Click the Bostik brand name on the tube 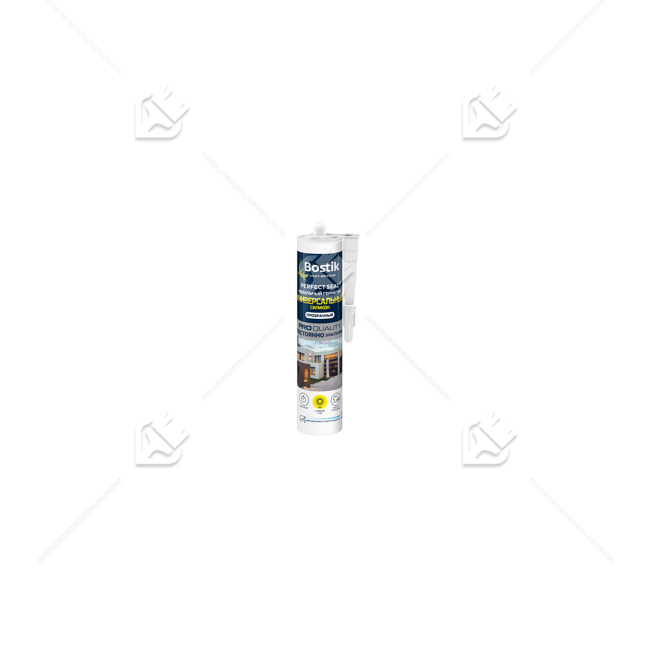(322, 267)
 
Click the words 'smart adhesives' (322, 276)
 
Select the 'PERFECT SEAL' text (320, 286)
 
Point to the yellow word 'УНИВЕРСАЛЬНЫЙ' (320, 300)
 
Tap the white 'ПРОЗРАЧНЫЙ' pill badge (320, 315)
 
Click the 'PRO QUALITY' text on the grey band (320, 327)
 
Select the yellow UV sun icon (320, 401)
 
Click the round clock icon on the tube (304, 399)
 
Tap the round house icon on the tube (336, 399)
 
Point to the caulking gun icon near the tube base (302, 419)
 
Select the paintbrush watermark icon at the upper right (488, 113)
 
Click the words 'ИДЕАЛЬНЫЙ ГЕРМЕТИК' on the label (320, 293)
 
